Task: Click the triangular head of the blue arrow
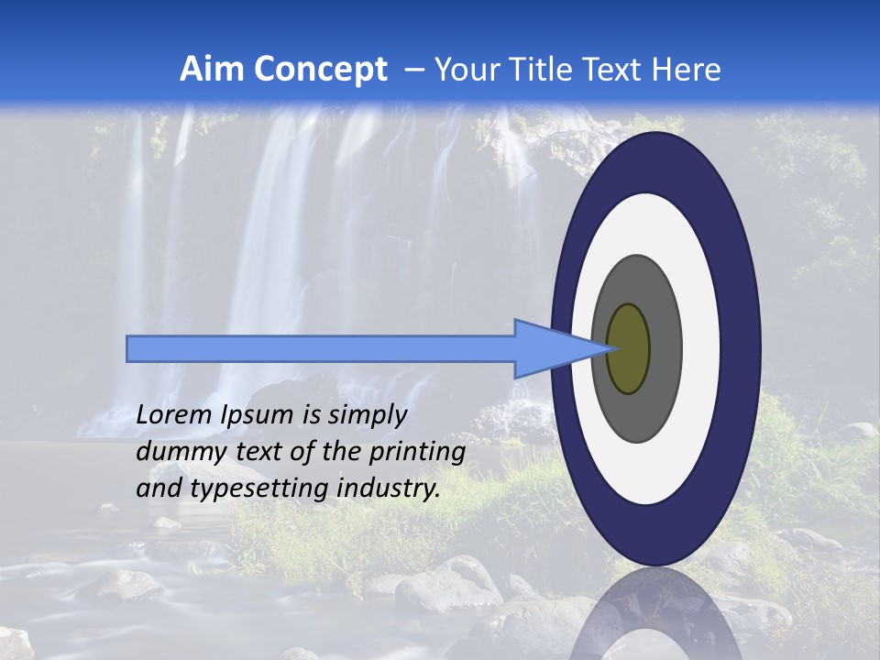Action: pos(550,348)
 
